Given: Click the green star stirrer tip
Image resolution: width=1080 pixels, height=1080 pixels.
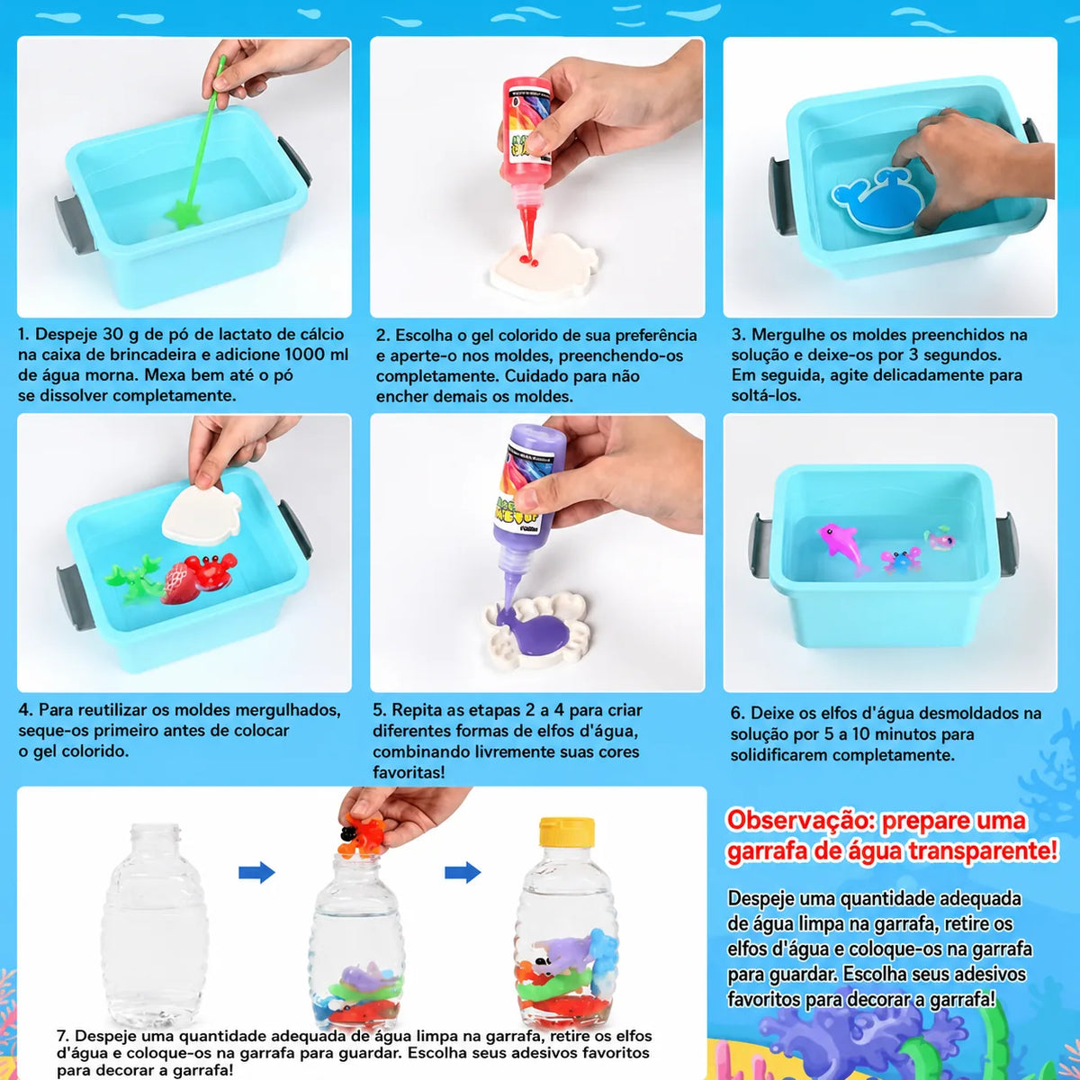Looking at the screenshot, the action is pos(183,214).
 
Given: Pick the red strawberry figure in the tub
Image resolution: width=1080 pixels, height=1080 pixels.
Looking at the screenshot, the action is pos(180,585).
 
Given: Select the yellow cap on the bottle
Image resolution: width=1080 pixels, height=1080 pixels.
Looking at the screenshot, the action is pos(566,832).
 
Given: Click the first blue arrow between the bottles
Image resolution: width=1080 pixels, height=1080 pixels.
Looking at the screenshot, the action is pos(256,872).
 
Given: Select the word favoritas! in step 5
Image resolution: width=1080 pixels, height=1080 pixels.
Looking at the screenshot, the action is pos(409,772).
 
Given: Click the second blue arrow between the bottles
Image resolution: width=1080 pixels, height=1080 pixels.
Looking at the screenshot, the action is pos(463,872).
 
